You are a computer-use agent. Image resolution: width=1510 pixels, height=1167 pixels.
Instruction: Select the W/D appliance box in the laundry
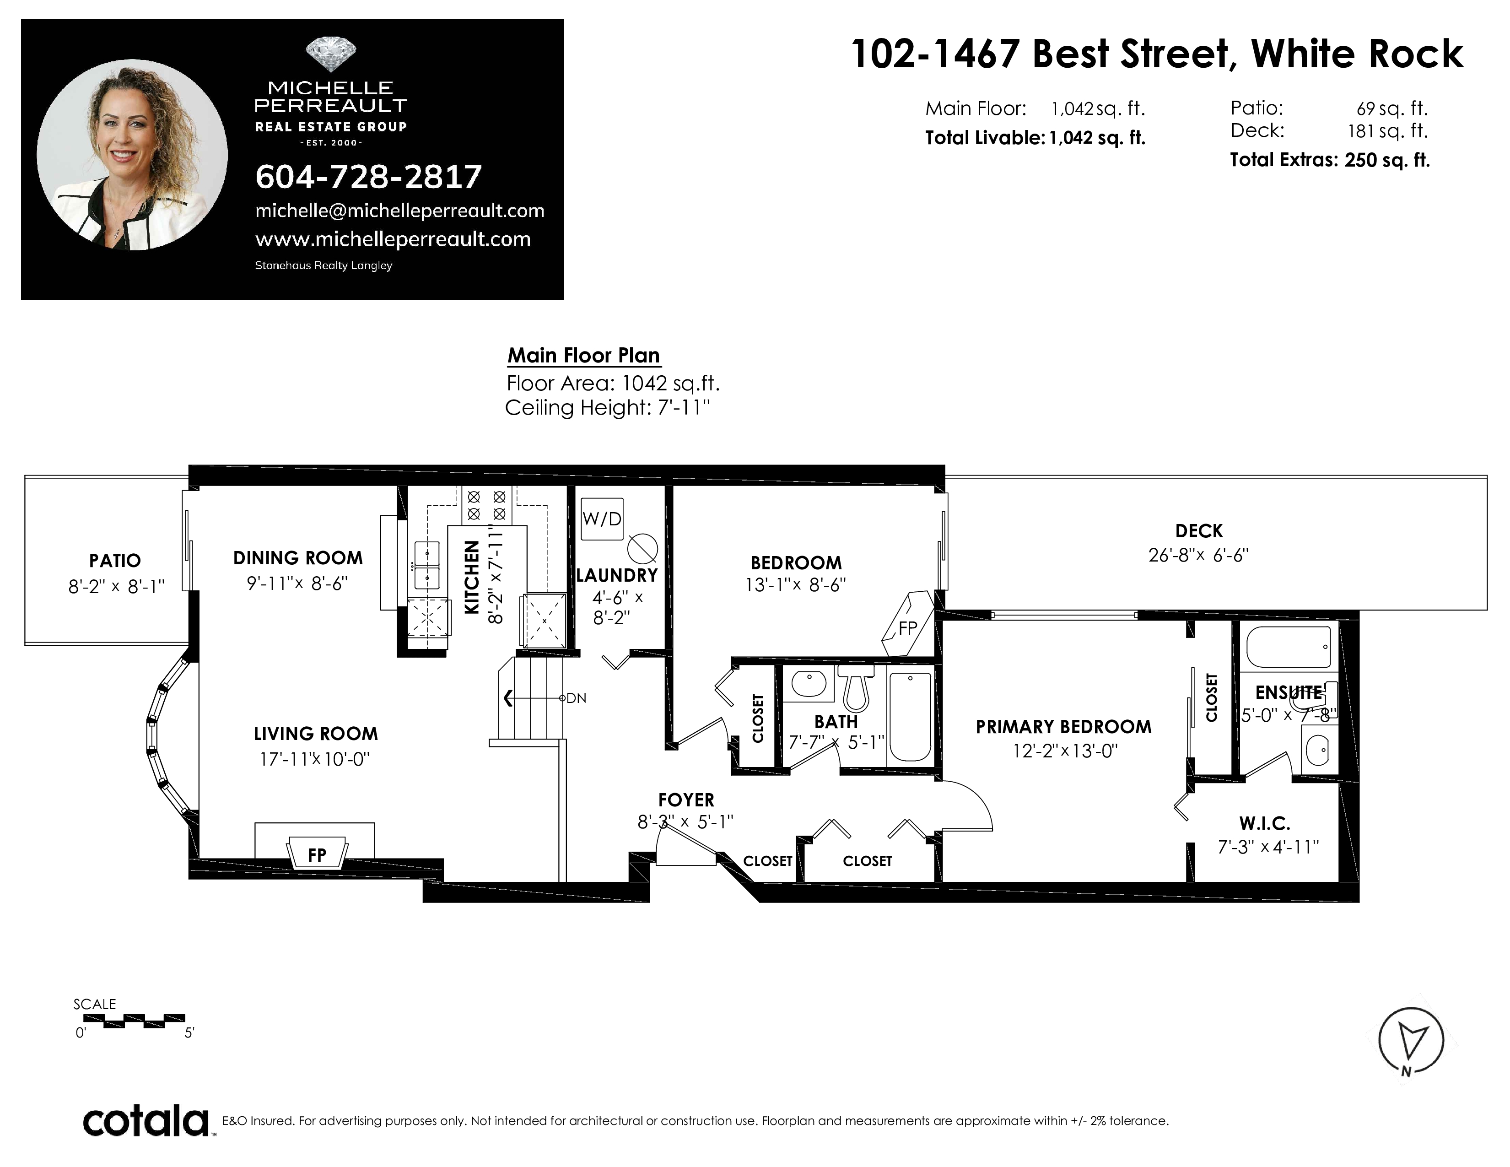pos(602,519)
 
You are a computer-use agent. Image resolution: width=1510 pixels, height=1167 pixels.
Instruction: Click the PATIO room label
pos(115,560)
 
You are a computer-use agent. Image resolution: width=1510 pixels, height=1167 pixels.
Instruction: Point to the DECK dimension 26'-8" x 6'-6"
pos(1198,555)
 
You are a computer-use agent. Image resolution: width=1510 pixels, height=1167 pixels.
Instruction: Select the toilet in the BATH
pos(856,688)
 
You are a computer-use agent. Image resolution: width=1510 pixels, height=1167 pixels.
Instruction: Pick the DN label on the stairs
pos(576,698)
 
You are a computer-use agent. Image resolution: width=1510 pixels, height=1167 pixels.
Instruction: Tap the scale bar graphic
pos(129,1021)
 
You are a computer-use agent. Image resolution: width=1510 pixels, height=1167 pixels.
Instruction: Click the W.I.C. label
pos(1265,823)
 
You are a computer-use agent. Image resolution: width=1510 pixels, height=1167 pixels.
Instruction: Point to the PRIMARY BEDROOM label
pos(1063,727)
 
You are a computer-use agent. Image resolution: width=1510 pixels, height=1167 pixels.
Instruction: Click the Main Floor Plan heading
pos(584,355)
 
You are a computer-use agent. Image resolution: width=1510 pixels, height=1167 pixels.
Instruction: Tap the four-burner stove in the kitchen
pos(487,505)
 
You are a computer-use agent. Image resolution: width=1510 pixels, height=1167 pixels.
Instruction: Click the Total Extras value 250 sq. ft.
pos(1387,160)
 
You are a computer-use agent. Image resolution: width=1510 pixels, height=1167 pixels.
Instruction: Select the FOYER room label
pos(686,800)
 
